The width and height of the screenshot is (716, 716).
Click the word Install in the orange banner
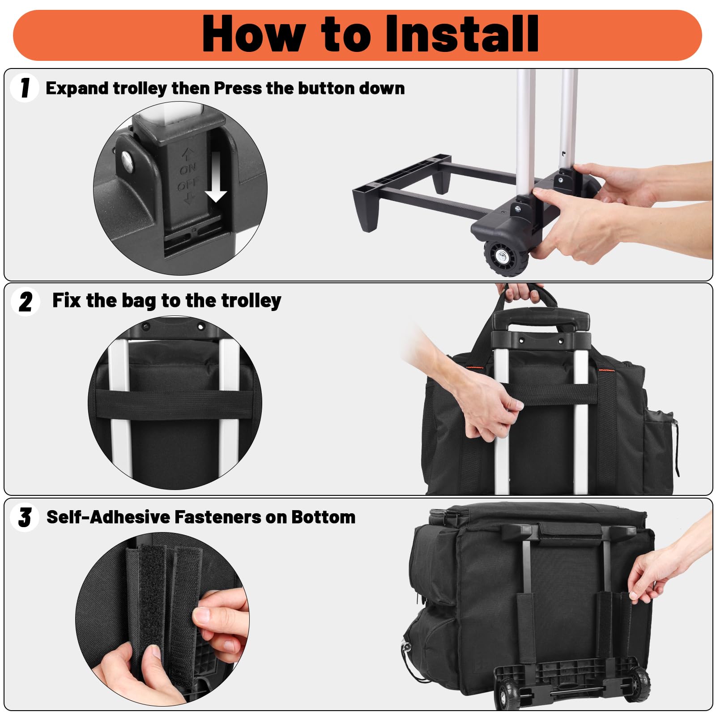462,34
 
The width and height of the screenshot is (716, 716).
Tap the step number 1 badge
25,88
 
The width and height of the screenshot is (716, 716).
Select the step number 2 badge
25,302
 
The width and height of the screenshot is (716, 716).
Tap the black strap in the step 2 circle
175,404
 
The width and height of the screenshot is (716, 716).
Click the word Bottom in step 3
324,517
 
